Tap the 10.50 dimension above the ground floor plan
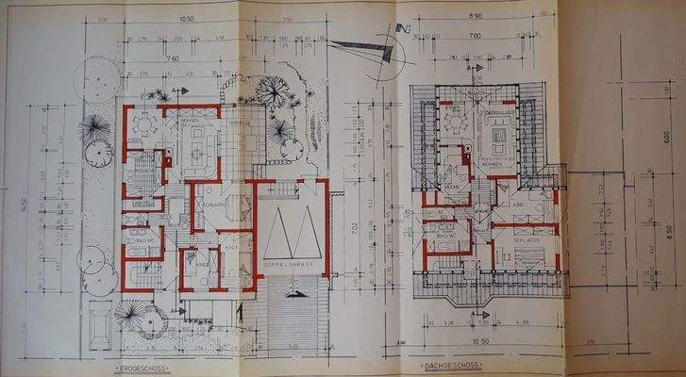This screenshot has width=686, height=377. click(x=186, y=18)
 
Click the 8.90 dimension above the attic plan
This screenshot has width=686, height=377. click(x=476, y=17)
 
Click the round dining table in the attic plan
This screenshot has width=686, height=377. click(x=456, y=123)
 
